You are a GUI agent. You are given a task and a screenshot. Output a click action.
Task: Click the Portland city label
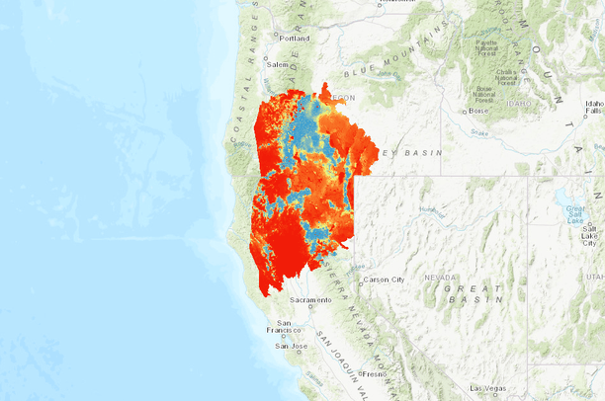point(295,39)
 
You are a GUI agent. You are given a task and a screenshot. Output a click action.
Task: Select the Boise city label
point(480,112)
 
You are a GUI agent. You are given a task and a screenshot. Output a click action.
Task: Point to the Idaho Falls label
point(593,108)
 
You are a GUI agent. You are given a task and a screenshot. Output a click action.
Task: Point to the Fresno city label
point(375,374)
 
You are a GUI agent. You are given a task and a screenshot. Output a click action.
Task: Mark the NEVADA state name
point(441,278)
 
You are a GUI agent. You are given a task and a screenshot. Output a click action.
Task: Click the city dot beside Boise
point(467,111)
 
